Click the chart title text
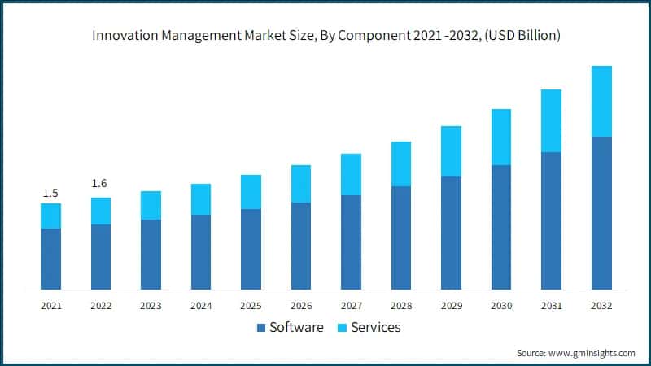pyautogui.click(x=325, y=36)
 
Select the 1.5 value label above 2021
pyautogui.click(x=50, y=193)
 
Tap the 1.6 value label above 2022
pyautogui.click(x=100, y=183)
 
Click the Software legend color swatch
pyautogui.click(x=260, y=328)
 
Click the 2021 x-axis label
pyautogui.click(x=50, y=306)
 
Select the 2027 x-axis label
pyautogui.click(x=351, y=306)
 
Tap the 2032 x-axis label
pyautogui.click(x=601, y=306)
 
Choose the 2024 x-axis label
pyautogui.click(x=201, y=306)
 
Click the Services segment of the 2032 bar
pyautogui.click(x=601, y=101)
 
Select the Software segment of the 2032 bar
pyautogui.click(x=601, y=213)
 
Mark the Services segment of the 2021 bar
pyautogui.click(x=50, y=216)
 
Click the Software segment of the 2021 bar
pyautogui.click(x=50, y=259)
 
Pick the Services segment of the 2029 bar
pyautogui.click(x=451, y=151)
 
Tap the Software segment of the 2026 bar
pyautogui.click(x=301, y=246)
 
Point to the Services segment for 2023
pyautogui.click(x=151, y=205)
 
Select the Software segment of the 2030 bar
pyautogui.click(x=501, y=227)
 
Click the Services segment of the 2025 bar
pyautogui.click(x=251, y=192)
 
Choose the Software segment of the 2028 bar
pyautogui.click(x=401, y=237)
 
